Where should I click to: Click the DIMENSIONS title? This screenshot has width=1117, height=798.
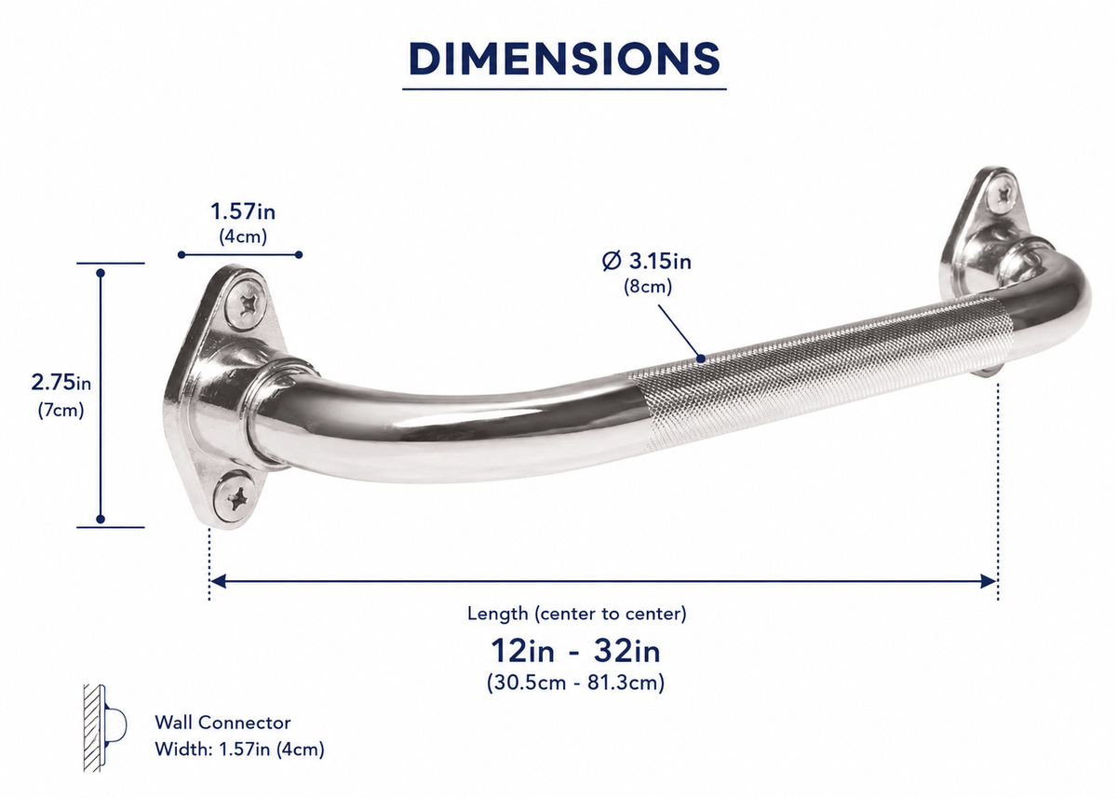tap(564, 59)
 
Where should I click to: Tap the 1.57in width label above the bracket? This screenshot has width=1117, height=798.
tap(243, 211)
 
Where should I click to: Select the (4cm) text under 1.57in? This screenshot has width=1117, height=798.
tap(243, 237)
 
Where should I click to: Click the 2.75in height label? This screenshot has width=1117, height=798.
tap(61, 383)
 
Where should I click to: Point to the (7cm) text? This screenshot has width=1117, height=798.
tap(61, 411)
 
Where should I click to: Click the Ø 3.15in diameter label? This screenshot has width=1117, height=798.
tap(647, 261)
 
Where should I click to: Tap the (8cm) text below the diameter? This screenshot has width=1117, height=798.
tap(648, 287)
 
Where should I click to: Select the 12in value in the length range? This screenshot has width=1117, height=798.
tap(522, 651)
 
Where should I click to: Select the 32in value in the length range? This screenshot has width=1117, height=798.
tap(627, 651)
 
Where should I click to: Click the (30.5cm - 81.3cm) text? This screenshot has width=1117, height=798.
tap(576, 683)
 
